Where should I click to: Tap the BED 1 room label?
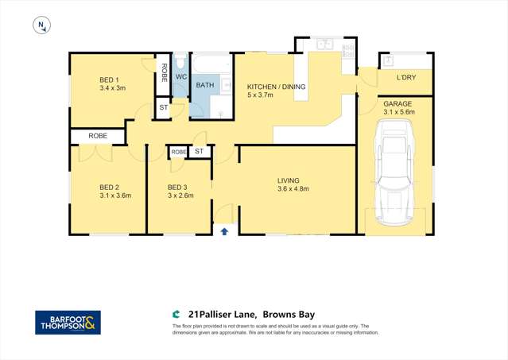pyautogui.click(x=109, y=79)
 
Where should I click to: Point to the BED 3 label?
pyautogui.click(x=176, y=188)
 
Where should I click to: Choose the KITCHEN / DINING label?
pyautogui.click(x=276, y=87)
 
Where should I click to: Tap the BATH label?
pyautogui.click(x=205, y=85)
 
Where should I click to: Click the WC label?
pyautogui.click(x=180, y=77)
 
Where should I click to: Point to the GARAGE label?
pyautogui.click(x=398, y=104)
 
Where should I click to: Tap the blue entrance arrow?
pyautogui.click(x=224, y=231)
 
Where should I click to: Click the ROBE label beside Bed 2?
pyautogui.click(x=98, y=137)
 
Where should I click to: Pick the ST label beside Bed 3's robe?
pyautogui.click(x=200, y=151)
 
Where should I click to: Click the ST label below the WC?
pyautogui.click(x=163, y=106)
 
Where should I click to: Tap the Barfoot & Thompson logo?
pyautogui.click(x=68, y=323)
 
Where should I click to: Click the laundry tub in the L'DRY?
pyautogui.click(x=390, y=60)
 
